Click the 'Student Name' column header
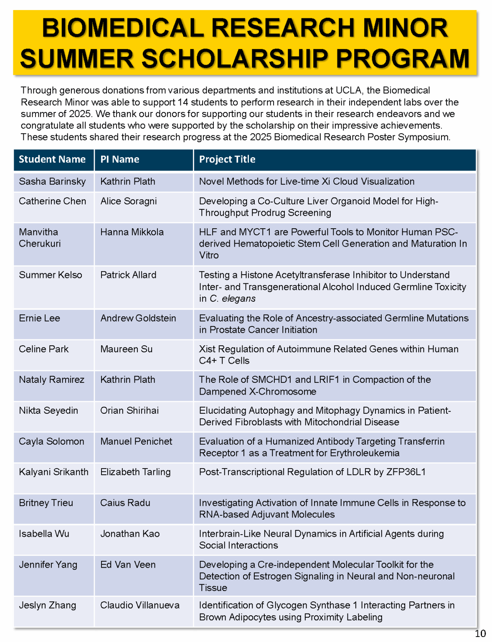[x=52, y=159]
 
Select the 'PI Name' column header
[x=120, y=159]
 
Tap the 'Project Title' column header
[x=227, y=159]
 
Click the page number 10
[x=480, y=633]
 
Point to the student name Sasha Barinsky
[x=52, y=181]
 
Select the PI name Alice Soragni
[x=129, y=201]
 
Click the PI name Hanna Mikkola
[x=132, y=232]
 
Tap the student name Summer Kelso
[x=51, y=275]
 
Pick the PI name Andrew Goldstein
[x=138, y=318]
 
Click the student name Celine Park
[x=44, y=349]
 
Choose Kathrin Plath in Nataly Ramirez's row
[x=128, y=380]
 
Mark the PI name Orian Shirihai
[x=129, y=410]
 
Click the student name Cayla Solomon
[x=51, y=441]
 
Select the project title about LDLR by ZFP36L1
[x=312, y=472]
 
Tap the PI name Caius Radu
[x=125, y=503]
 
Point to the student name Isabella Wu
[x=44, y=534]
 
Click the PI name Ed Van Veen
[x=128, y=565]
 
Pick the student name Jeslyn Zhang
[x=48, y=605]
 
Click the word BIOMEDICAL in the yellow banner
[x=122, y=28]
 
